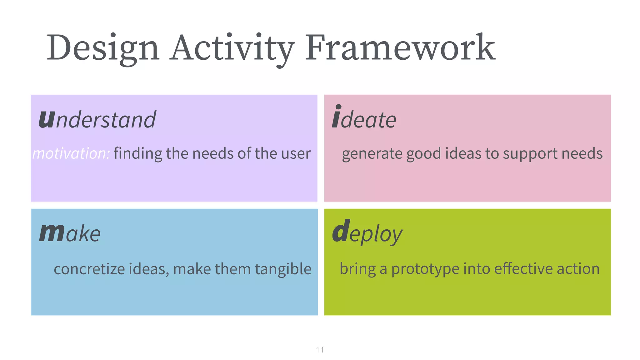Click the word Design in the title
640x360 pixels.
click(x=103, y=48)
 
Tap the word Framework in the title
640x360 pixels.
click(x=400, y=48)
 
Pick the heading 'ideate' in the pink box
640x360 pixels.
click(x=364, y=119)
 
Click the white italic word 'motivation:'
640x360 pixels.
click(x=71, y=153)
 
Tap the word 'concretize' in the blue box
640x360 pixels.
click(x=89, y=269)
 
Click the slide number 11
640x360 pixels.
click(x=320, y=350)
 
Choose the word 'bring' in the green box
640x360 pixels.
click(x=357, y=269)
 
